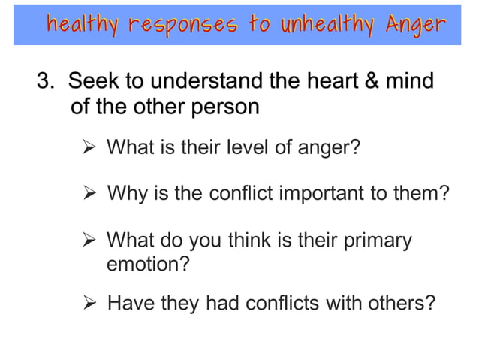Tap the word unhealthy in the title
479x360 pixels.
pyautogui.click(x=324, y=24)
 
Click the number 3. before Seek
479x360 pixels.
pyautogui.click(x=47, y=81)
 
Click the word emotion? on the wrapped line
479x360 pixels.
pyautogui.click(x=148, y=265)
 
